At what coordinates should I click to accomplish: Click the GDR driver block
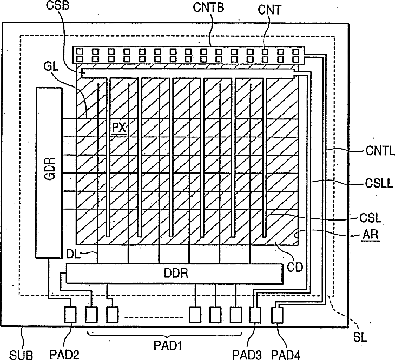pos(48,172)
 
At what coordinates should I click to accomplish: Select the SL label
pos(361,336)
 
